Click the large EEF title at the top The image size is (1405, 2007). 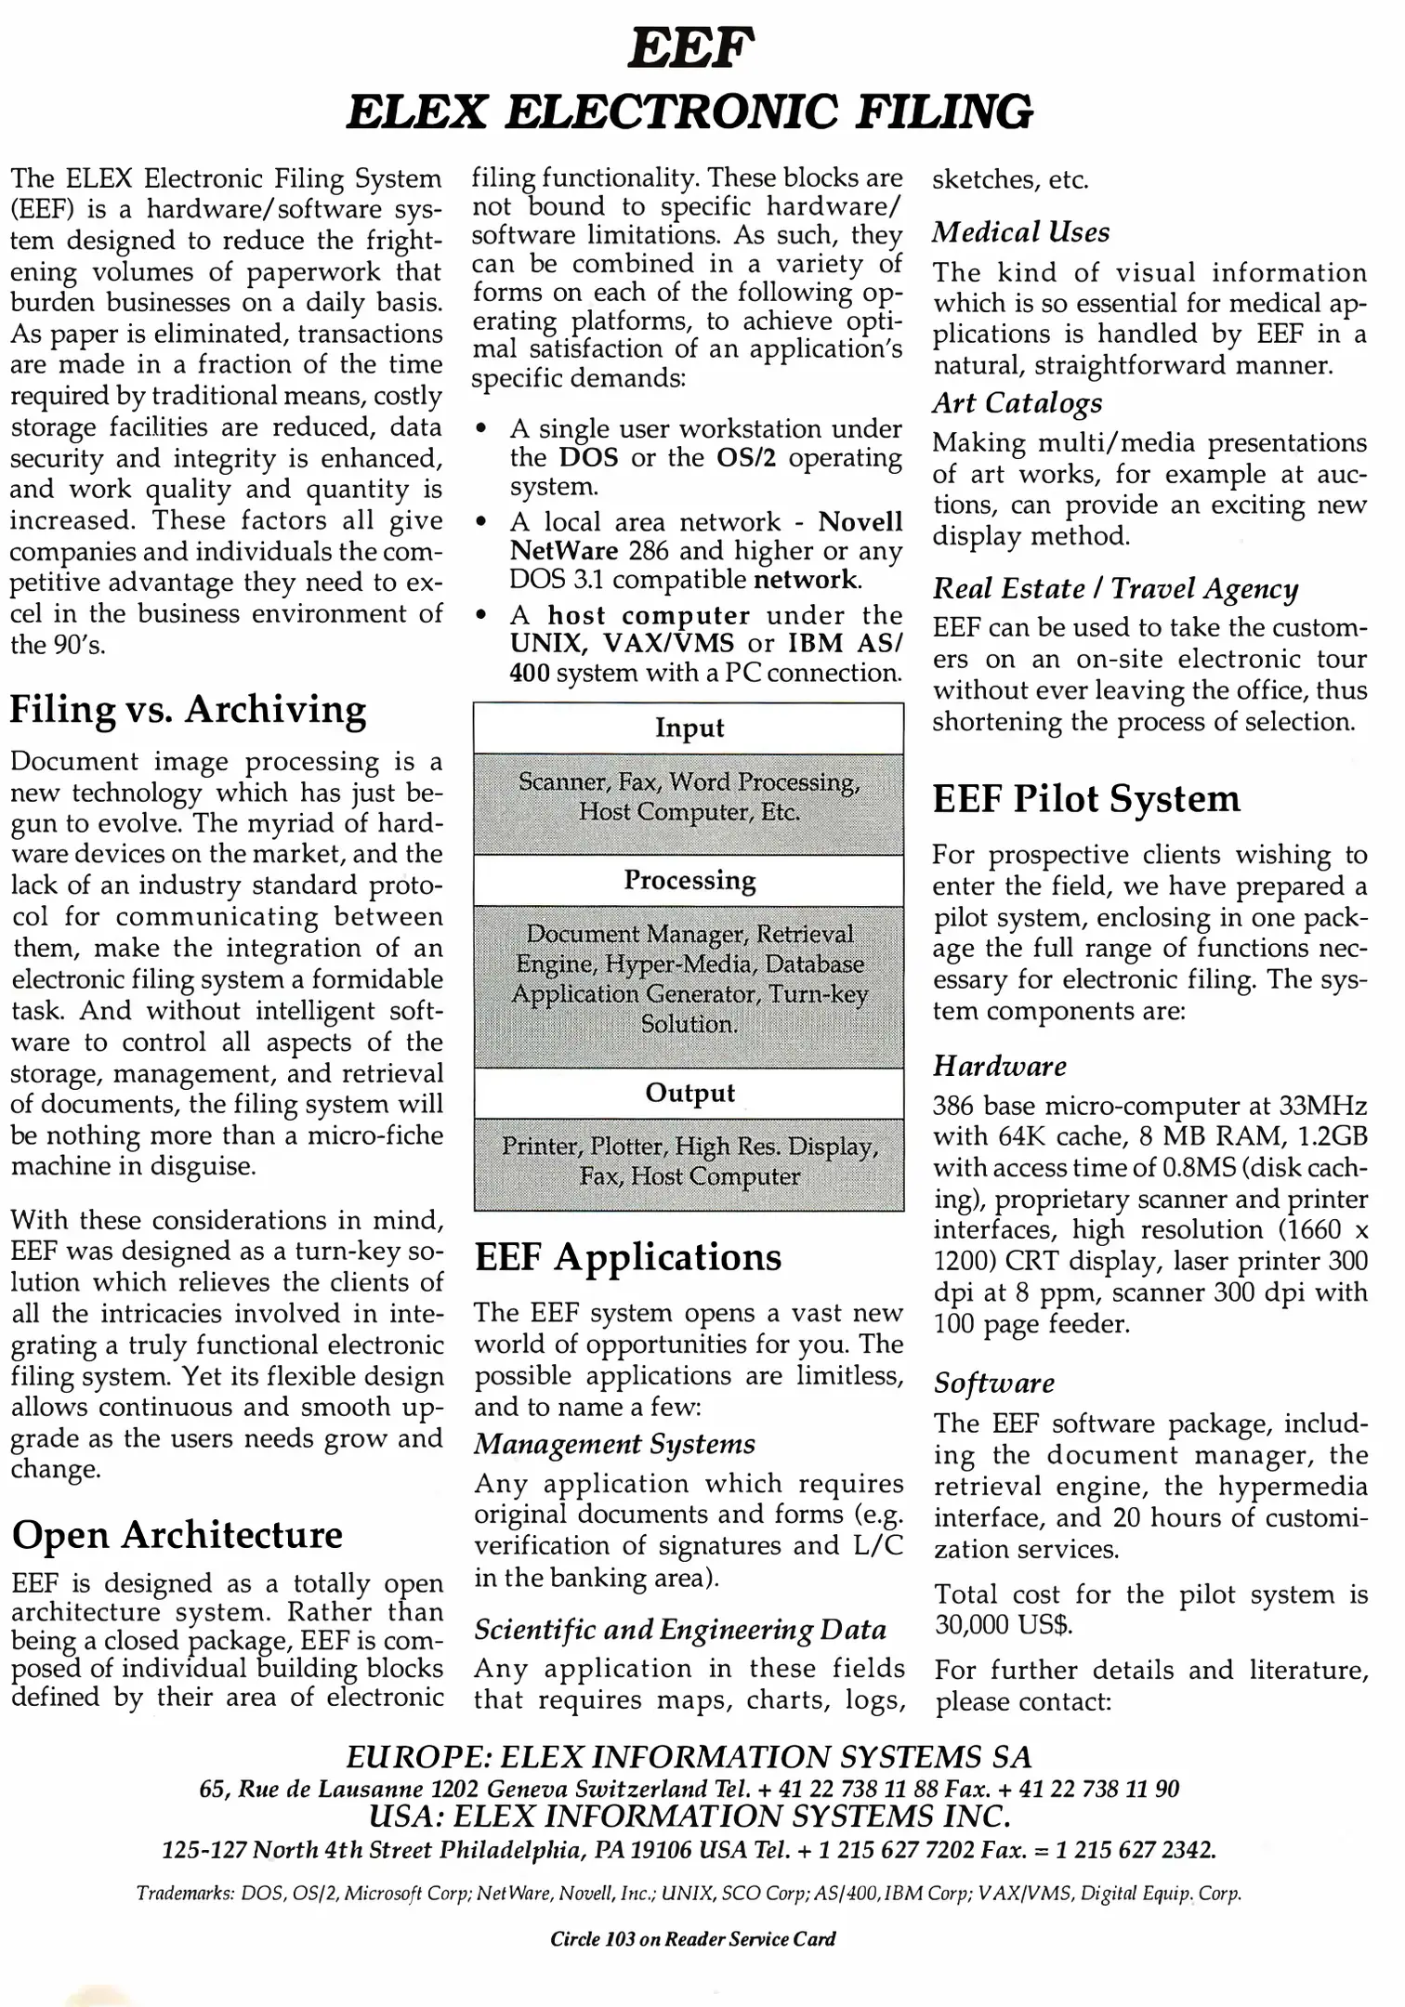691,48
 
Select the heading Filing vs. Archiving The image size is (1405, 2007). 188,709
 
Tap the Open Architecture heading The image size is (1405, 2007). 177,1534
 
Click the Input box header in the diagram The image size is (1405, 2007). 689,728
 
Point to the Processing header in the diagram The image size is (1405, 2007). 689,880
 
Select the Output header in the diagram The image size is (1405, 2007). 689,1093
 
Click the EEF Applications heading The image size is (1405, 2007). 628,1257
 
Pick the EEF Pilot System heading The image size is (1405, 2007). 1086,799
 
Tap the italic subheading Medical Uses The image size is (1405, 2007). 1020,231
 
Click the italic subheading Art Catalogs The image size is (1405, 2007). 1018,402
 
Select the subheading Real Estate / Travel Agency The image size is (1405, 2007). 1115,588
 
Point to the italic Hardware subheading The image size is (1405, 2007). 1000,1066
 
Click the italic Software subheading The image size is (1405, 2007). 994,1383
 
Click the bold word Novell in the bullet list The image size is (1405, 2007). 860,521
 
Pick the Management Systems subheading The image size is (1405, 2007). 614,1444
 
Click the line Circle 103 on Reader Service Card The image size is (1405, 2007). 692,1938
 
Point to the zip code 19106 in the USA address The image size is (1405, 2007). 661,1850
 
